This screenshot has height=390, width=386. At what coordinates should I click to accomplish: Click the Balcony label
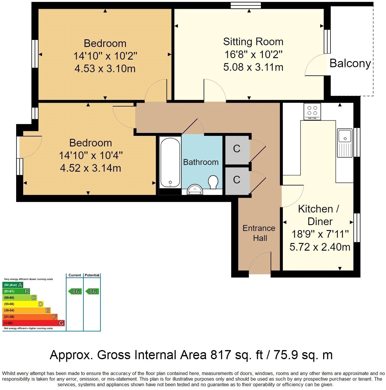350,63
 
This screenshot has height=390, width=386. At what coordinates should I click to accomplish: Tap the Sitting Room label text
253,42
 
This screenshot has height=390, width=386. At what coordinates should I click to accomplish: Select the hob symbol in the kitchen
312,111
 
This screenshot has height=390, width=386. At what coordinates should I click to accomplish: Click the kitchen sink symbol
345,143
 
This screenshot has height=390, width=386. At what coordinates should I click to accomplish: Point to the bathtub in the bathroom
170,162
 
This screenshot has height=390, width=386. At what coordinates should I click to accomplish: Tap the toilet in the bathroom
213,182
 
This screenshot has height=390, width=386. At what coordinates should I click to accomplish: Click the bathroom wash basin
195,190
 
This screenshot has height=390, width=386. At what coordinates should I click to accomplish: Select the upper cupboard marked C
237,149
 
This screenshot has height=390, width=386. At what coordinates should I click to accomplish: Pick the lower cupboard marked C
237,180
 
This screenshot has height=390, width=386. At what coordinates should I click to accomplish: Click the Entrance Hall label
259,233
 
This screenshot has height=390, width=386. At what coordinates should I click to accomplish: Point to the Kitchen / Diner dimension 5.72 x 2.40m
320,247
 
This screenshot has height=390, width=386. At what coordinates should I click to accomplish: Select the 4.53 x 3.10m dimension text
105,69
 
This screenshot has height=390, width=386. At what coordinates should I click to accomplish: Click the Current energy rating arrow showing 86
75,291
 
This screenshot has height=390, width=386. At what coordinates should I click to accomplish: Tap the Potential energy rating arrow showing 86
92,291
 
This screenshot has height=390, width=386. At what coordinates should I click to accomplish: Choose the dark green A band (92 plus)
13,285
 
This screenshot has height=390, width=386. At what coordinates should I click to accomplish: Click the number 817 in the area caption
220,355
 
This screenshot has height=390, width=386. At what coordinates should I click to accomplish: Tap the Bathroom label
201,162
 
